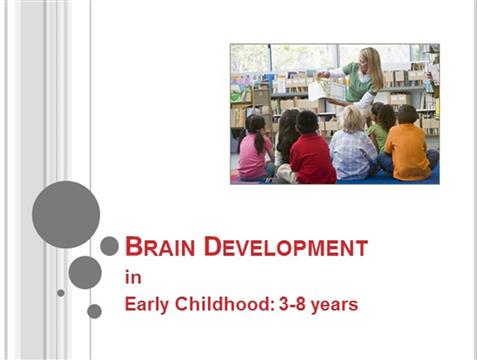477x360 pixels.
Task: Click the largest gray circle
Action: pos(66,214)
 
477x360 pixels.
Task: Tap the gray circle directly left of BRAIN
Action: pos(109,246)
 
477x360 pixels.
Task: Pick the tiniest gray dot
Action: pos(61,293)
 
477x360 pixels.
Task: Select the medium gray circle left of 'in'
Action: pos(85,272)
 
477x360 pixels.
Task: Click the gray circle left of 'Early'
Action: pos(94,311)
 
